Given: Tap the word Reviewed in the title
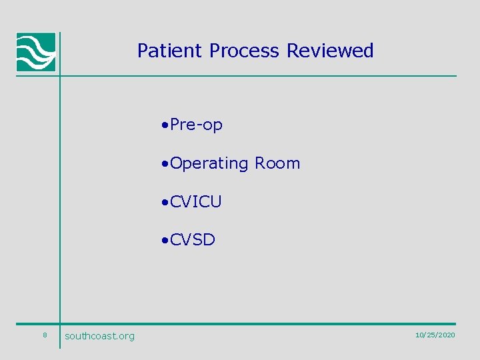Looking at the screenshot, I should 330,51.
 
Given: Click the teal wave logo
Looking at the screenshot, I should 36,52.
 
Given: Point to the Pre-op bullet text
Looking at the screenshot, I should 196,125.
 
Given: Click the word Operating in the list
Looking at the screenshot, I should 209,163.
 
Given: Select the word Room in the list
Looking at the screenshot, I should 277,163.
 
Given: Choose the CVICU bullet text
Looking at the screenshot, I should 195,202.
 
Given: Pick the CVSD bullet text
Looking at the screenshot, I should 193,240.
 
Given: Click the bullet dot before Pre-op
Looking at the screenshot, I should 165,125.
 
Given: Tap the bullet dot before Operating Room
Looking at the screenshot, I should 165,164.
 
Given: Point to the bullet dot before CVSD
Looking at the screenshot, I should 165,241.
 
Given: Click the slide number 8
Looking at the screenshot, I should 44,335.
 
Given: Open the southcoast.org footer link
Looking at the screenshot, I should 99,336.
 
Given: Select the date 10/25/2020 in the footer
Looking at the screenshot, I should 435,335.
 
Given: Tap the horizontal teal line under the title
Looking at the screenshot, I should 267,76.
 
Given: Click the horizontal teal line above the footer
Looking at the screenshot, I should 267,324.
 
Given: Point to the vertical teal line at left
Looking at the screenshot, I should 60,200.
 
